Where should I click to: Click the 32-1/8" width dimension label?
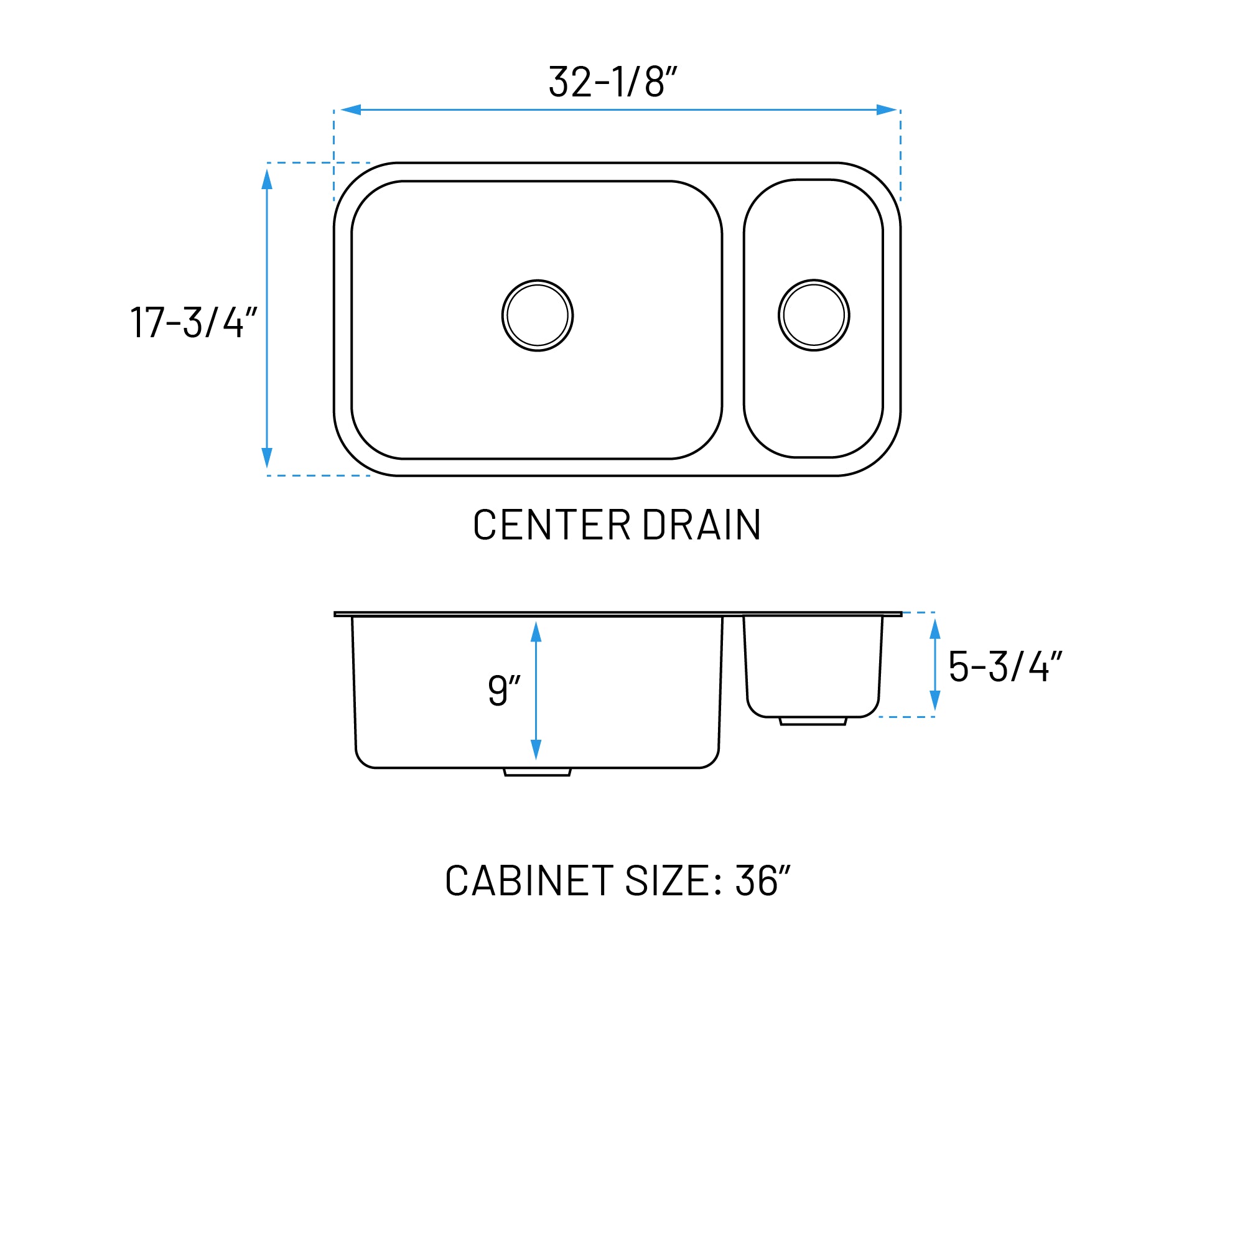(612, 82)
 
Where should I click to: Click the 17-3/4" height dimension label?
(193, 322)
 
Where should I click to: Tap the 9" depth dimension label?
(504, 690)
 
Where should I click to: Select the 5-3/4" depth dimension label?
(1004, 667)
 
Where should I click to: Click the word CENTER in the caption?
(552, 525)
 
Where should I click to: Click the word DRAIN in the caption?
(701, 525)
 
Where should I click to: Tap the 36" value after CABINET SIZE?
(762, 880)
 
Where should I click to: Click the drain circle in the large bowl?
(537, 315)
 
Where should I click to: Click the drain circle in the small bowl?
(813, 315)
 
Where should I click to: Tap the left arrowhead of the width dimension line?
(351, 110)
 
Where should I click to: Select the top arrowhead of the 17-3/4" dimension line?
(267, 180)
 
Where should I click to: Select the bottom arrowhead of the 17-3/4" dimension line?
(267, 457)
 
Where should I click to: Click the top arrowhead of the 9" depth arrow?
(536, 631)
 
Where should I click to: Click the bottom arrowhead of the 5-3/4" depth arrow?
(934, 699)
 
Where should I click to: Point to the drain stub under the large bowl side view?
(537, 772)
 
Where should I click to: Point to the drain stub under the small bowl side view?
(813, 721)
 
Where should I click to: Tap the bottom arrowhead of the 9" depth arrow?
(536, 749)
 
